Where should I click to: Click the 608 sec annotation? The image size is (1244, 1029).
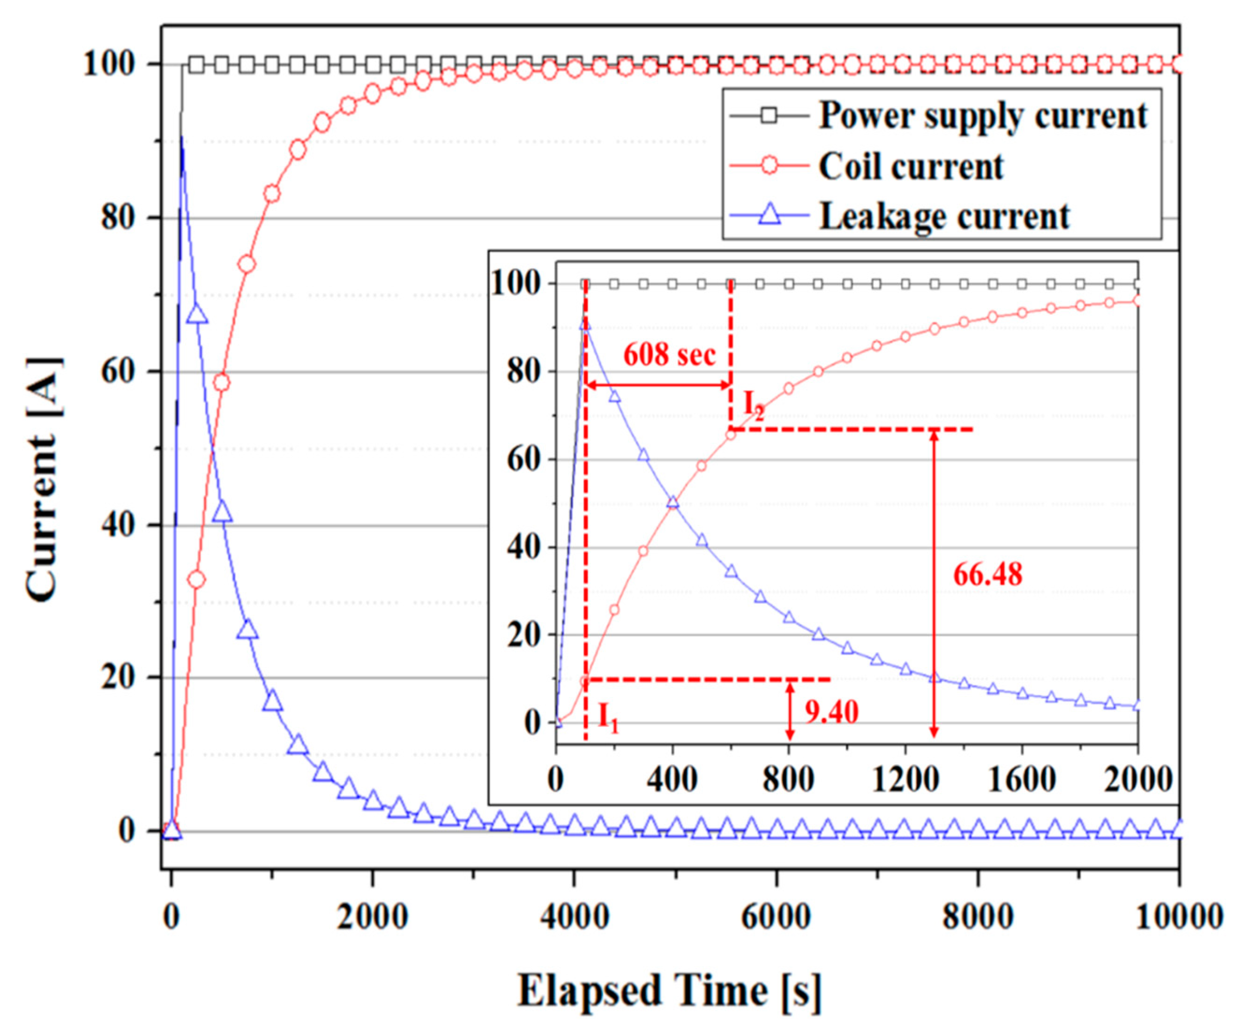669,355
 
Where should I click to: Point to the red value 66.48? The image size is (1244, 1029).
988,574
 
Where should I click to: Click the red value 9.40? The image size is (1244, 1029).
831,712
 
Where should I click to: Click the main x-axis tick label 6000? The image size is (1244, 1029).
776,916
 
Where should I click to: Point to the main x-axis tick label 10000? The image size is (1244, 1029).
1180,916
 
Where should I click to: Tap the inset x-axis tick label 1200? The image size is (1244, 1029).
905,779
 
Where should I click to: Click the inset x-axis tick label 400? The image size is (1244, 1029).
672,779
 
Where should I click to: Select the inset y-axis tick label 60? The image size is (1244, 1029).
524,459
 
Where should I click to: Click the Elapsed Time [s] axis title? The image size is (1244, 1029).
670,990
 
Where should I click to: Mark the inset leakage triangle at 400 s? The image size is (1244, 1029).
672,502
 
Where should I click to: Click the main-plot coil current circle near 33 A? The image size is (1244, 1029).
196,579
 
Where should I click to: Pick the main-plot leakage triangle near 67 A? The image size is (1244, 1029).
197,314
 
